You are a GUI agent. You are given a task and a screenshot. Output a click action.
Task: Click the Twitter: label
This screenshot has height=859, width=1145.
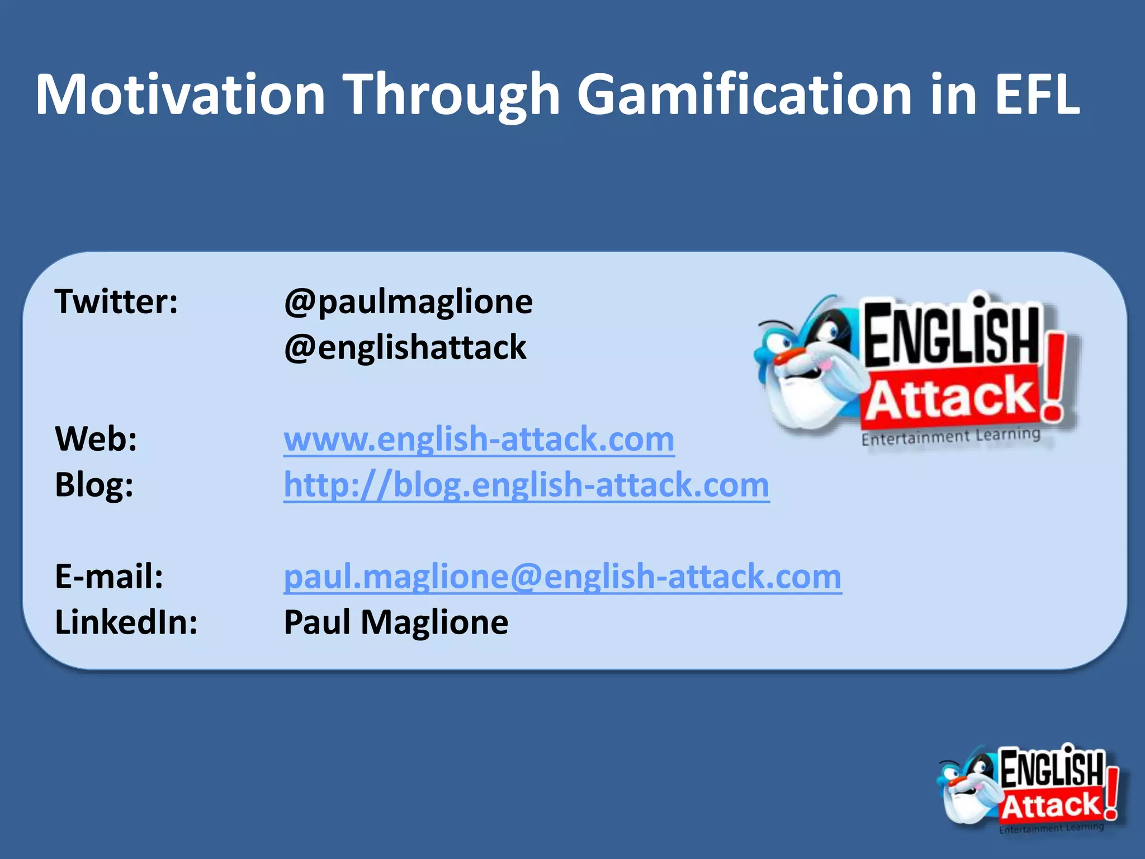coord(116,302)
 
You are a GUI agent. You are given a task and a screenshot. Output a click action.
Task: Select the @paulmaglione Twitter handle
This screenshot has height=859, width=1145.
coord(408,303)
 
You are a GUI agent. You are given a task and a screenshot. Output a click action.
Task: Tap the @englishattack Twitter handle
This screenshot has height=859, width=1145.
coord(405,348)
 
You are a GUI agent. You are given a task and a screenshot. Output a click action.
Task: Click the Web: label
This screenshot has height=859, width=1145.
coord(96,439)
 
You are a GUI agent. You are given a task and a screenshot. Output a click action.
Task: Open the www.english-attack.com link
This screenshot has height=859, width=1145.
coord(479,440)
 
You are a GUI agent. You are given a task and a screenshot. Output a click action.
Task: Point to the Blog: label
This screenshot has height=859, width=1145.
coord(94,485)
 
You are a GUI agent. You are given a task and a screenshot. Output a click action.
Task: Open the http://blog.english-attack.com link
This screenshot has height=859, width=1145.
coord(526,485)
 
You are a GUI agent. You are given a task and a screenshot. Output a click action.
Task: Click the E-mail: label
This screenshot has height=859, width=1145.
coord(109,577)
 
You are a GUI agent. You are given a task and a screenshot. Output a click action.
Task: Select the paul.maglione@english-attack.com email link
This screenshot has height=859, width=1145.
coord(562,577)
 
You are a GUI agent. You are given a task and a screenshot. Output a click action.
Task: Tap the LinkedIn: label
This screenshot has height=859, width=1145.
coord(126,622)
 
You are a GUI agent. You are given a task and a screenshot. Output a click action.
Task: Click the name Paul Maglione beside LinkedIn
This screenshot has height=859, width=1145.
coord(396,622)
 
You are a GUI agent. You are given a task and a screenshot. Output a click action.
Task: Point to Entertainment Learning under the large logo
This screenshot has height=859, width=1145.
coord(950,436)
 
